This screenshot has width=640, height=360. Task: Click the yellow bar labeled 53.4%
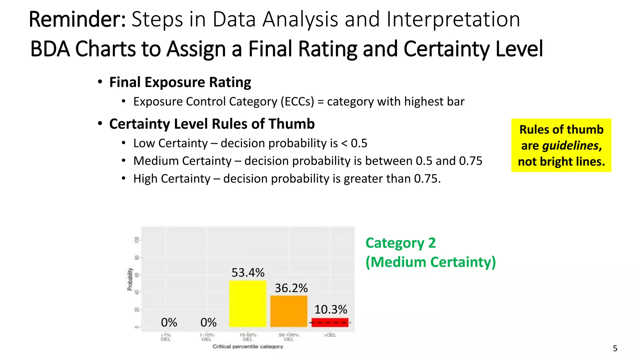(247, 304)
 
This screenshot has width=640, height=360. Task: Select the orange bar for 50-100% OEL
(289, 311)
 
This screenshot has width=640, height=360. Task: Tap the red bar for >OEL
(330, 322)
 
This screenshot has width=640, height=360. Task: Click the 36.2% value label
(291, 288)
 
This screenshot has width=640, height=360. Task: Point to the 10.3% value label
(330, 309)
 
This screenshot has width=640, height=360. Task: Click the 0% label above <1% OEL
(169, 322)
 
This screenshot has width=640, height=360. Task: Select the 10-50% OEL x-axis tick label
(247, 337)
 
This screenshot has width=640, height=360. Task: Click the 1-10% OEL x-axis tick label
(207, 337)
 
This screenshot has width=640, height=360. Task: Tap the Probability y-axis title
(130, 279)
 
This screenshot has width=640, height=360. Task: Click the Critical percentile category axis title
(247, 346)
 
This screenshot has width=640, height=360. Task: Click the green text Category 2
(400, 243)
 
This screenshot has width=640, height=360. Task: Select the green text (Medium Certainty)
(430, 262)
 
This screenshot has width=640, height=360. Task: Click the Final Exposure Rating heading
(180, 82)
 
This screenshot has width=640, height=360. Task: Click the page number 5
(615, 348)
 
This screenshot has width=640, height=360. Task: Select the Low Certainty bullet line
(250, 143)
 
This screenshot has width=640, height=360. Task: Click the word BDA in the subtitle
(50, 49)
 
